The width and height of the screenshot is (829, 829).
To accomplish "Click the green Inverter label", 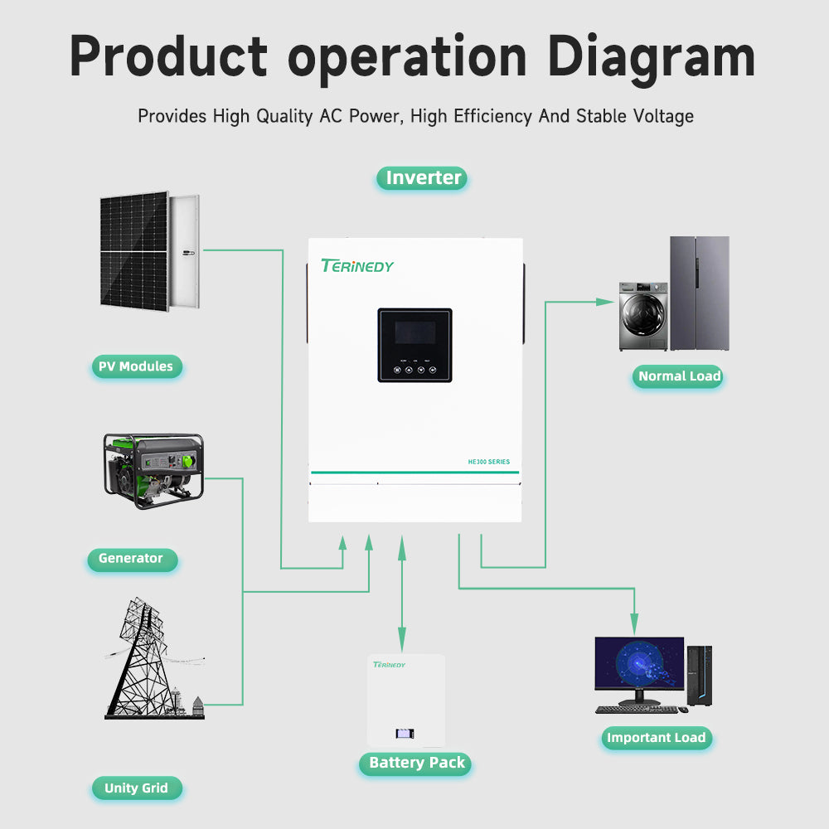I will [x=422, y=177].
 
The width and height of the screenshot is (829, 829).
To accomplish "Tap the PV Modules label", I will [x=136, y=366].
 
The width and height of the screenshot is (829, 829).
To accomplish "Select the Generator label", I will [x=131, y=559].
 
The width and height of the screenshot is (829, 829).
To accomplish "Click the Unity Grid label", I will [x=136, y=788].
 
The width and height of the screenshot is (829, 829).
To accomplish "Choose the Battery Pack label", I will [x=417, y=763].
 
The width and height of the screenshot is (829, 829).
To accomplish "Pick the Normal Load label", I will [x=679, y=376].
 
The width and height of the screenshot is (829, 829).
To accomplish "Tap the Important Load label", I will [x=656, y=738].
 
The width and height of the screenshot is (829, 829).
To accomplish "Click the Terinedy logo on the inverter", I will [x=357, y=266].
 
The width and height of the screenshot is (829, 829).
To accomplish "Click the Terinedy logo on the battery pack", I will [x=389, y=665].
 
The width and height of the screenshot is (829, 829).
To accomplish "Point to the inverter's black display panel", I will [x=414, y=345].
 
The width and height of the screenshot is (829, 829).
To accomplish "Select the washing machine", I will [x=642, y=316].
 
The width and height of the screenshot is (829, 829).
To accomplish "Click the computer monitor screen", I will [x=639, y=664].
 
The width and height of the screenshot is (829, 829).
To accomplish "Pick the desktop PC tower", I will [x=699, y=676].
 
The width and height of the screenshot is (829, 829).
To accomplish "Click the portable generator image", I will [x=153, y=469].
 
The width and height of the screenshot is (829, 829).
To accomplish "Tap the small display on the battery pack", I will [x=405, y=734].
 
